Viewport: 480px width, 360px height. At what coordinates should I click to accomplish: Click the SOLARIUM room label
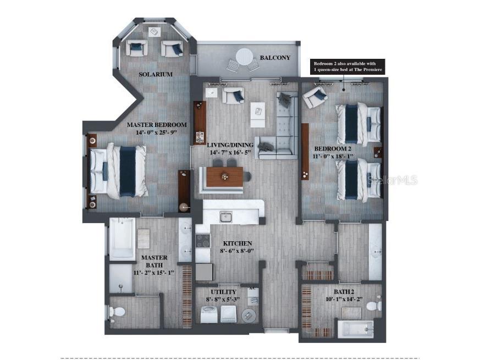click(156, 74)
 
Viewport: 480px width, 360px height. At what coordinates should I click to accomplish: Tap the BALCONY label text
click(275, 58)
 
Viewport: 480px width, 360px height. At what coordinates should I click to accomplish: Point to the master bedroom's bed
click(119, 170)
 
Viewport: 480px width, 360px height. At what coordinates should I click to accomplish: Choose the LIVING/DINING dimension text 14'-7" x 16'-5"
click(230, 152)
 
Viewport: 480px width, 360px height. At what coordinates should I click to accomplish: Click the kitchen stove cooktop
click(203, 241)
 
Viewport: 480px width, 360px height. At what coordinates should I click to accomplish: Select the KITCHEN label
click(238, 243)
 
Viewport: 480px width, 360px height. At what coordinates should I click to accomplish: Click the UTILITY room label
click(224, 292)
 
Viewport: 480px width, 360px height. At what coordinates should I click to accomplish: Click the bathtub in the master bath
click(122, 239)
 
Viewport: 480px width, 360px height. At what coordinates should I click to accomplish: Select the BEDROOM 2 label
click(333, 149)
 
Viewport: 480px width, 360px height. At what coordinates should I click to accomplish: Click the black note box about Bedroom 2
click(346, 67)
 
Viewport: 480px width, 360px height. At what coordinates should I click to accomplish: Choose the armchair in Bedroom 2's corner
click(315, 97)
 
